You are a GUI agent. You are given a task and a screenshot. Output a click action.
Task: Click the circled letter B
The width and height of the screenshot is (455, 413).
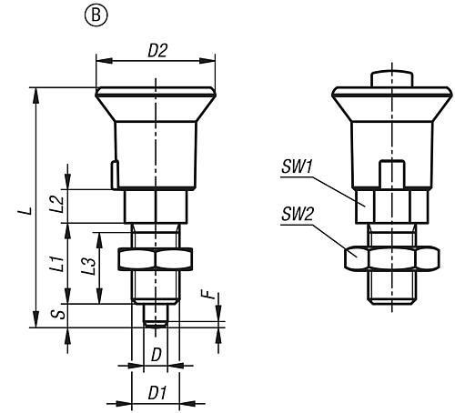(x=96, y=15)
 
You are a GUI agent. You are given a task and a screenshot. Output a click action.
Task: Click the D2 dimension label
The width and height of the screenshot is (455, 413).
(x=157, y=51)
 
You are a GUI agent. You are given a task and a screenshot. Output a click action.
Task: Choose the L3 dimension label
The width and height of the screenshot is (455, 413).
(x=89, y=267)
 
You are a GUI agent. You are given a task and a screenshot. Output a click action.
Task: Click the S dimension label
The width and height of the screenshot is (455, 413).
(x=58, y=314)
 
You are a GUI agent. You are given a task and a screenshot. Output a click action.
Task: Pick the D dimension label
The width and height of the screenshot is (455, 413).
(x=157, y=355)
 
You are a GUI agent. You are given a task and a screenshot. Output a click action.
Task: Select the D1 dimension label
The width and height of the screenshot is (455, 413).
(x=157, y=393)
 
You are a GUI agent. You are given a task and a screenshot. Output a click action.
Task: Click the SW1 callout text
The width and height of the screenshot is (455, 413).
(x=297, y=166)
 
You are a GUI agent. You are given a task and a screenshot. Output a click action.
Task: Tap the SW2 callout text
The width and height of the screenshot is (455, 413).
(x=298, y=214)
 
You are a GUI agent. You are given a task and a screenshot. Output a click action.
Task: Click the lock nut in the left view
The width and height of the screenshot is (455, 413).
(x=156, y=259)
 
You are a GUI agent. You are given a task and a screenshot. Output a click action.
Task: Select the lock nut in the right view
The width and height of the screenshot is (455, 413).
(x=392, y=258)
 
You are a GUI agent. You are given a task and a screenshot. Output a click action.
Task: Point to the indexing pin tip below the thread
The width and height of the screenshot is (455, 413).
(x=156, y=316)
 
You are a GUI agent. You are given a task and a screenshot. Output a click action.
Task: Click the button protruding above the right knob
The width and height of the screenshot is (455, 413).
(x=392, y=79)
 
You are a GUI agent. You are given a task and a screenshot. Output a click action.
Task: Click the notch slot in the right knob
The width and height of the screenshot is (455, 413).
(x=392, y=174)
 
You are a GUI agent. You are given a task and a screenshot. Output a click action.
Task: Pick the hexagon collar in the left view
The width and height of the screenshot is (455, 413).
(x=156, y=206)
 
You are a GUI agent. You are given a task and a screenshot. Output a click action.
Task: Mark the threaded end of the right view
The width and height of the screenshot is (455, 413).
(x=392, y=287)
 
